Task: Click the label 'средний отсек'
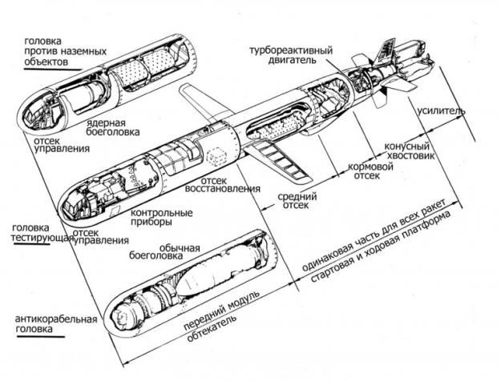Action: point(295,201)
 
